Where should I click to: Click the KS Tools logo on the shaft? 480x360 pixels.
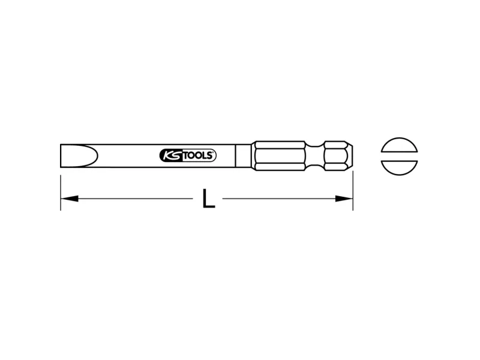(x=188, y=155)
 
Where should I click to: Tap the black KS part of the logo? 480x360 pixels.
(x=171, y=155)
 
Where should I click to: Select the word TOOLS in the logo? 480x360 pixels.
(x=199, y=155)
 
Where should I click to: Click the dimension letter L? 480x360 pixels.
(x=209, y=199)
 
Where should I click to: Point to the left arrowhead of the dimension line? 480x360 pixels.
(x=70, y=199)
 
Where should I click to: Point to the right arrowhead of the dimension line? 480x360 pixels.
(x=344, y=199)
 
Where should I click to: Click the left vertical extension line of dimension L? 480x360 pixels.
(x=61, y=193)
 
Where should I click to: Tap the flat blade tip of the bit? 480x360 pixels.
(x=61, y=155)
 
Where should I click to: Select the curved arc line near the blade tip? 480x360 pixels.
(x=97, y=155)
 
